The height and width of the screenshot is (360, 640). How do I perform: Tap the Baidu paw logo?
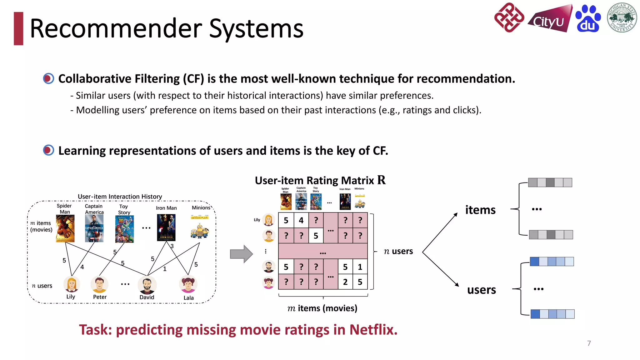tap(588, 19)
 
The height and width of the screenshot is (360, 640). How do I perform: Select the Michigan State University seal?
tap(622, 18)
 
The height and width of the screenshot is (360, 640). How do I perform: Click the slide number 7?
tap(589, 343)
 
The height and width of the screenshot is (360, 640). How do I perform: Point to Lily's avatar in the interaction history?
tap(72, 284)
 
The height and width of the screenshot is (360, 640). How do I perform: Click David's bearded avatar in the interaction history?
tap(147, 285)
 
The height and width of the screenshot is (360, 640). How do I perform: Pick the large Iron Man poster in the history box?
tap(166, 227)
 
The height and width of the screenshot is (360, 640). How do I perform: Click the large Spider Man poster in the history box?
tap(65, 228)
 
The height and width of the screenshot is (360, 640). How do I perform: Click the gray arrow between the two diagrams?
tap(241, 254)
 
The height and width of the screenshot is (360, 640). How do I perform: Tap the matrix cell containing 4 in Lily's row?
tap(301, 220)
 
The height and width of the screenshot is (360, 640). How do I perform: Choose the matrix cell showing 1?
tap(360, 267)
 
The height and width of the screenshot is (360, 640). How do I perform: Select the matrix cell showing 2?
tap(345, 282)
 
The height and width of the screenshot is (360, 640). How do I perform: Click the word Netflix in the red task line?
tap(373, 330)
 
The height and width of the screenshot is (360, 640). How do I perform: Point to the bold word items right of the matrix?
tap(480, 210)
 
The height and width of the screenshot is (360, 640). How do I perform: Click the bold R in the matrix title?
tap(381, 180)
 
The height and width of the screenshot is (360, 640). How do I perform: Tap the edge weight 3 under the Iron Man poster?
tap(172, 246)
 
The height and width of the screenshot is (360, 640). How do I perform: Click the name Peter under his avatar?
tap(100, 297)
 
